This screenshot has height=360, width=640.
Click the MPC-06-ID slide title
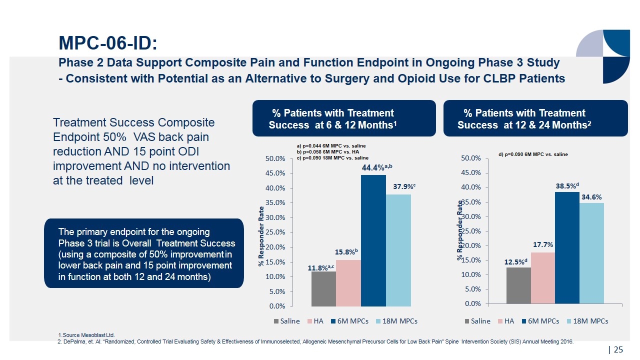tap(108, 43)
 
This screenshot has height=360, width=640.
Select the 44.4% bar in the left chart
tap(373, 240)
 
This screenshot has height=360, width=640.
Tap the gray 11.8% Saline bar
tap(323, 288)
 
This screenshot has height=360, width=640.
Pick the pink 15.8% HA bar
tap(348, 282)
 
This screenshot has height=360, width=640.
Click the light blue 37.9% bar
tap(398, 250)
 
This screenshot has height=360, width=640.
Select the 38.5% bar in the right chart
tap(567, 247)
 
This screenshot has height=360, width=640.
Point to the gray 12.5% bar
tap(518, 285)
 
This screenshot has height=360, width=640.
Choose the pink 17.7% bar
tap(543, 278)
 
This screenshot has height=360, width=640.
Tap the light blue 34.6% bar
tap(591, 253)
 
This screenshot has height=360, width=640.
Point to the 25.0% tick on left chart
tap(275, 232)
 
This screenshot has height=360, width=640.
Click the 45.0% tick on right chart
tap(470, 172)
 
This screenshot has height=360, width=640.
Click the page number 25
tap(618, 349)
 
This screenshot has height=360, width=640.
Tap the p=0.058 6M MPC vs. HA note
tap(328, 151)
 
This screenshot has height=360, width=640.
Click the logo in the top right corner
tap(602, 56)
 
